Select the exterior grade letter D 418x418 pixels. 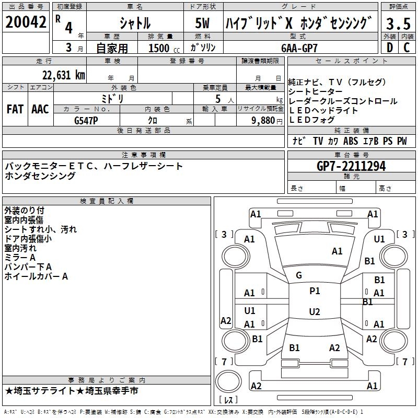point(389,47)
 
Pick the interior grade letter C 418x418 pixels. point(407,47)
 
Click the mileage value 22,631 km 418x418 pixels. point(63,75)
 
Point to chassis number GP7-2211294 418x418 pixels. point(351,166)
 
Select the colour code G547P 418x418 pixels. point(87,120)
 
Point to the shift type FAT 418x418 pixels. point(15,109)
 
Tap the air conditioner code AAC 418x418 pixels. point(40,109)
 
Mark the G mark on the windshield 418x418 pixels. point(299,275)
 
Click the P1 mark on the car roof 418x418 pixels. point(315,291)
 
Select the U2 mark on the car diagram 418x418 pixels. point(315,312)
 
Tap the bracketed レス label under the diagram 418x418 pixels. point(228,401)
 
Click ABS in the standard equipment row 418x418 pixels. point(351,141)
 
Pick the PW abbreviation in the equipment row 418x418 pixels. point(402,141)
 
